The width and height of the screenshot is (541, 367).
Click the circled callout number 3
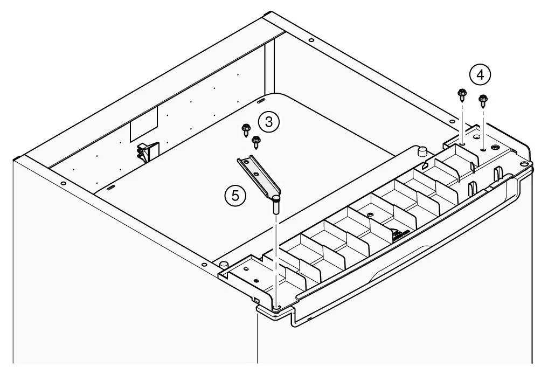269,122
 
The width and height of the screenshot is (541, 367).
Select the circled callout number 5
235,196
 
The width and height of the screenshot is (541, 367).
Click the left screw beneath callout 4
462,95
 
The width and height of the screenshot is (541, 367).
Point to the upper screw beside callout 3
246,128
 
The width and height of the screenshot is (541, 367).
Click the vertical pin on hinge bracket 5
276,205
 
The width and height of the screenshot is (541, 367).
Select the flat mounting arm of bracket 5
259,175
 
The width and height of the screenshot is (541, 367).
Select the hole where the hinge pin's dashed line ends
276,306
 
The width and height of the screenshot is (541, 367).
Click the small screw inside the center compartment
370,214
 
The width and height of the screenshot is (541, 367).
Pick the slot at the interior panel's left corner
110,188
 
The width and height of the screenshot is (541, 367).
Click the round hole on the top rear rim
311,40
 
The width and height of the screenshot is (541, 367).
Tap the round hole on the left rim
63,184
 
